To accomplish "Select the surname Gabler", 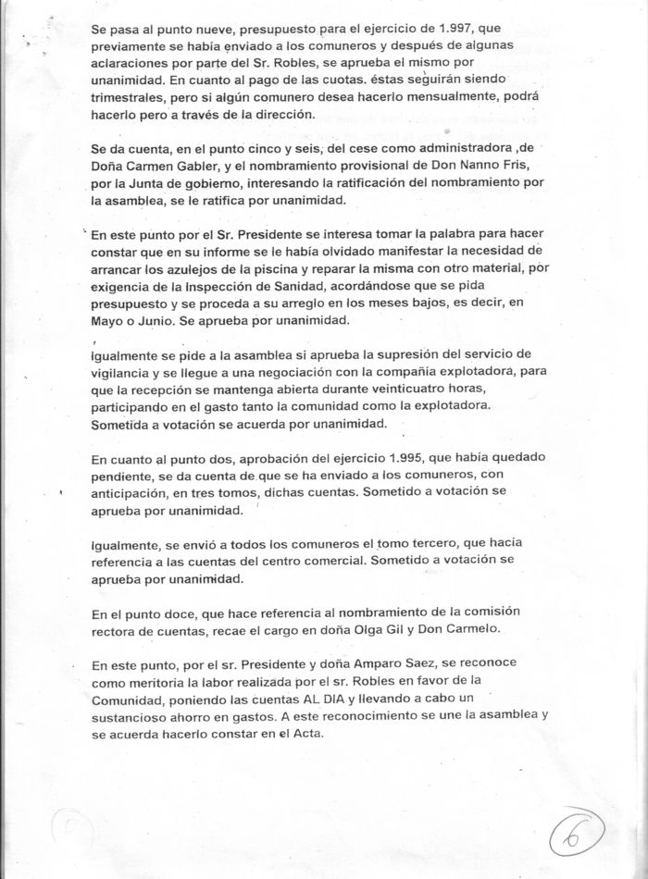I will click(243, 168).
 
